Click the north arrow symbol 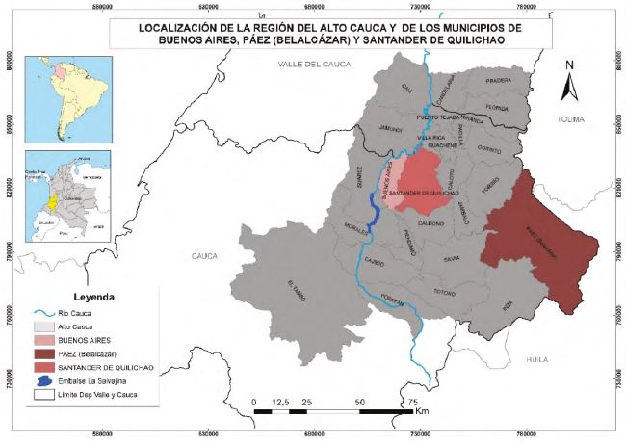569,86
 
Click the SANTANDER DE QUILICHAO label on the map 425,193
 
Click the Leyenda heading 89,297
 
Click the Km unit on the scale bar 422,412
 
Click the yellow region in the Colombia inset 47,205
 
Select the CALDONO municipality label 430,223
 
